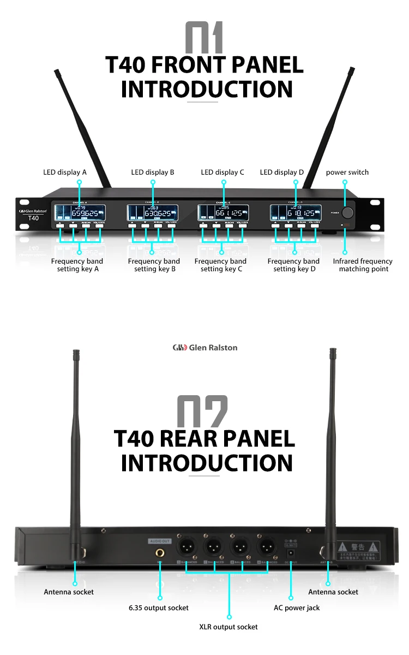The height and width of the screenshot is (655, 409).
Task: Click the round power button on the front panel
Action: tap(347, 212)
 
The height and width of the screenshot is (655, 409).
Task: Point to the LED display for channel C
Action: tap(222, 212)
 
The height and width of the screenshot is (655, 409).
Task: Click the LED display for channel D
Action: tap(295, 212)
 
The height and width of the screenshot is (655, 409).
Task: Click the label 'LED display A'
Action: tap(65, 172)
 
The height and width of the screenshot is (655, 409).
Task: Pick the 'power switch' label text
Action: tap(347, 172)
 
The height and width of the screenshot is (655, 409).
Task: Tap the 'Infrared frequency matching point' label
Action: tap(363, 265)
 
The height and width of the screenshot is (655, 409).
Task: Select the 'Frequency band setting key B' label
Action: tap(154, 265)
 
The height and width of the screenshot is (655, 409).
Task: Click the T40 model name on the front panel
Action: tap(34, 218)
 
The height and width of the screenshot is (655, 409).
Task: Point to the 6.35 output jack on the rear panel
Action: tap(160, 552)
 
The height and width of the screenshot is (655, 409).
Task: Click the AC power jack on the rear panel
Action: tap(291, 553)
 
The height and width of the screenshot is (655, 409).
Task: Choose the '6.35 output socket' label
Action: tap(159, 608)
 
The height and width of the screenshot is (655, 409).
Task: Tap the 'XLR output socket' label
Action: tap(228, 627)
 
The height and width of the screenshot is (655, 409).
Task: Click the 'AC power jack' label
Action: tap(297, 608)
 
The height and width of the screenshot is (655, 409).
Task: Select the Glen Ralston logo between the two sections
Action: tap(204, 347)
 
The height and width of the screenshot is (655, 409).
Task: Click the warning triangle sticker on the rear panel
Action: tap(342, 546)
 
